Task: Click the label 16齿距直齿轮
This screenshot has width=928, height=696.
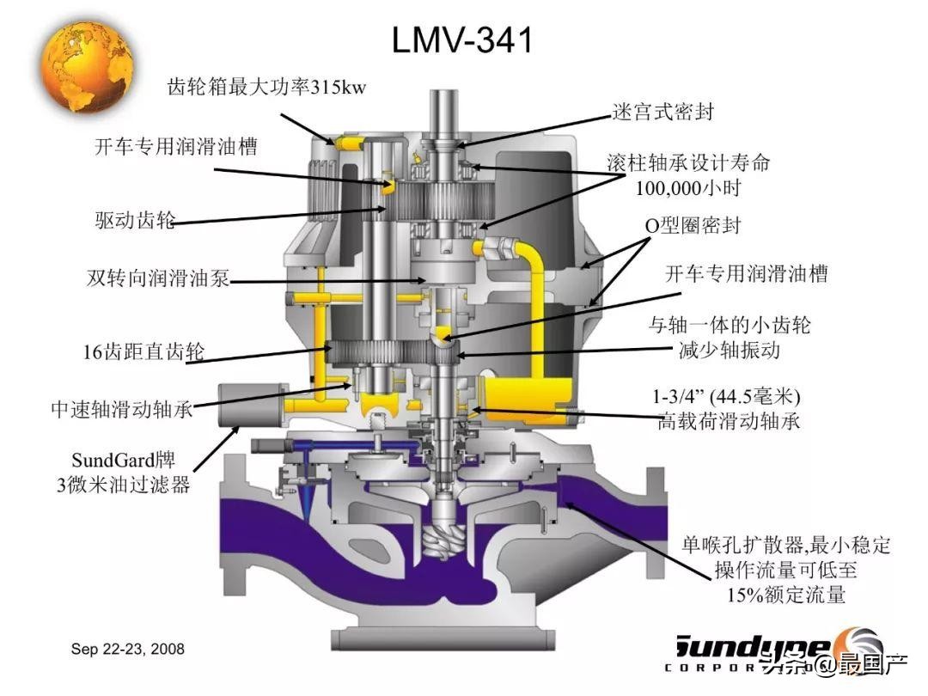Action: (133, 351)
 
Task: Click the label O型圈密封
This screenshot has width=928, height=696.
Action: (693, 226)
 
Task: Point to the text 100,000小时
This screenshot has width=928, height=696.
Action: (688, 186)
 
